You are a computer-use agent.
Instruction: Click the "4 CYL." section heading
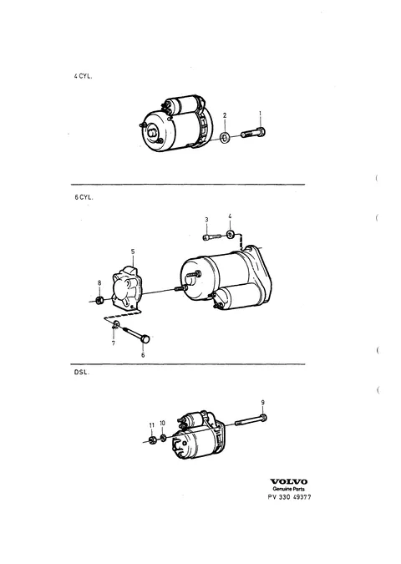tap(83, 76)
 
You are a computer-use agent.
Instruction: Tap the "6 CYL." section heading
tap(84, 197)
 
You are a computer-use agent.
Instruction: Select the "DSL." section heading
tap(81, 373)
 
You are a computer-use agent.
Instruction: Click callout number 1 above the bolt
tap(261, 114)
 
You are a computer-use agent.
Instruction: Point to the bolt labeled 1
tap(253, 133)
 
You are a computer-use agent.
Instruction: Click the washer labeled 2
tap(226, 137)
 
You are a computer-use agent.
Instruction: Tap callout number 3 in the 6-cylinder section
tap(207, 220)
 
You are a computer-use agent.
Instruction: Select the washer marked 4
tap(230, 235)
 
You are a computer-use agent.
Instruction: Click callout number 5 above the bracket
tap(133, 251)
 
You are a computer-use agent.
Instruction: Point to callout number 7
tap(114, 343)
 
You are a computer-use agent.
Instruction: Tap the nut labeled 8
tap(101, 299)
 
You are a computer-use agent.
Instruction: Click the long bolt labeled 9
tap(251, 419)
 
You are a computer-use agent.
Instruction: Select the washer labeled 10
tap(163, 437)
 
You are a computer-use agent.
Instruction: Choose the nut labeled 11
tap(152, 440)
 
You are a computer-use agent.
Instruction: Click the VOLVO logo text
tap(289, 481)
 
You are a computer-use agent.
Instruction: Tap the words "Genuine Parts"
tap(289, 489)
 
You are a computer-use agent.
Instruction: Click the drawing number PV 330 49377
tap(290, 497)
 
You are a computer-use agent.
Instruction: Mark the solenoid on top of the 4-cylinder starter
tap(181, 104)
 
